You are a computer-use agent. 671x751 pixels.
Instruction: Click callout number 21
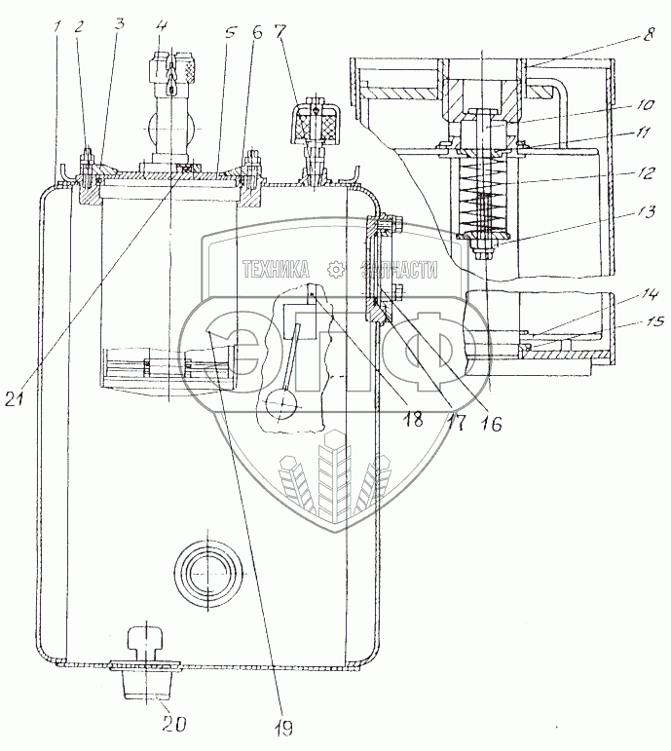click(x=15, y=398)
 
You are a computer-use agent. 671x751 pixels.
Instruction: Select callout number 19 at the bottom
click(x=283, y=728)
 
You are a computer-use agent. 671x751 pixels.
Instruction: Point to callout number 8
click(x=649, y=34)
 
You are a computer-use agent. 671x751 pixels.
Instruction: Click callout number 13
click(x=648, y=212)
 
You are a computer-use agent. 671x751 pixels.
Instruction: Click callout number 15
click(x=654, y=319)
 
